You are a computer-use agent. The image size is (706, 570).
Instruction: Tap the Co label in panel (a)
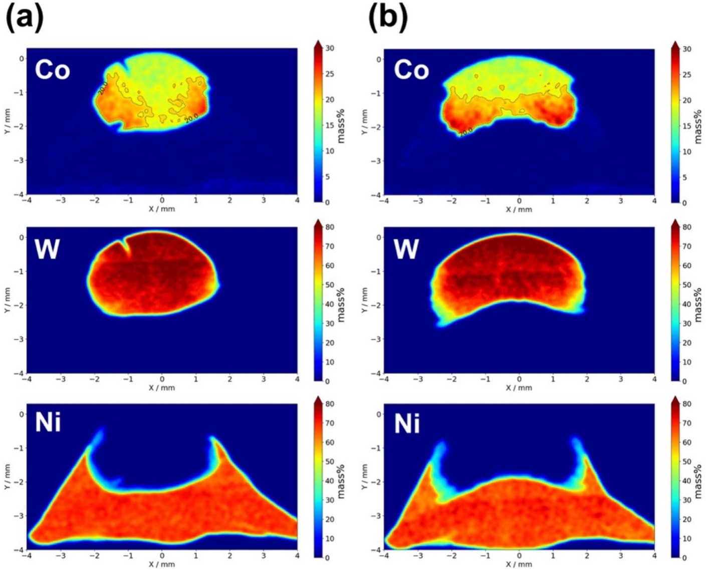(x=52, y=70)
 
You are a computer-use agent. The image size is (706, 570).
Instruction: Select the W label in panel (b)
(x=406, y=248)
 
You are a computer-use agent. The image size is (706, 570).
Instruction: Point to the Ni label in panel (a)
(x=48, y=422)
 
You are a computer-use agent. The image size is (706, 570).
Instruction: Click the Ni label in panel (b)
(x=407, y=423)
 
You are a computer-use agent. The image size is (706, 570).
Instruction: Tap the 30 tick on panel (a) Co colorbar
(x=329, y=49)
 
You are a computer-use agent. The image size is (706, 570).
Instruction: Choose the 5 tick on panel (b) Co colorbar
(x=684, y=177)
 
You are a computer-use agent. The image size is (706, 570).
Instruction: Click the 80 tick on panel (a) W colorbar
(x=329, y=227)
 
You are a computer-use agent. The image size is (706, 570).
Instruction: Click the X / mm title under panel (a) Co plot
(x=162, y=209)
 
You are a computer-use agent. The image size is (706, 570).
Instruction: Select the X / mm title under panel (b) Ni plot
(x=519, y=564)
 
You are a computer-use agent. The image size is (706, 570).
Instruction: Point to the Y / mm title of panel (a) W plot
(x=7, y=300)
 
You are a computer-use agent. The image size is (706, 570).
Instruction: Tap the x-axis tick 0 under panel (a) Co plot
(x=162, y=200)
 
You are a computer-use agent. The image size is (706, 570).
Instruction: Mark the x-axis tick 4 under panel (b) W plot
(x=654, y=379)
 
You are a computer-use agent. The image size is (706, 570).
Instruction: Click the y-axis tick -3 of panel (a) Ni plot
(x=21, y=515)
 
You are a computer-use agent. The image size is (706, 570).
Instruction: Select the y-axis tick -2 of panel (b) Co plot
(x=378, y=127)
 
